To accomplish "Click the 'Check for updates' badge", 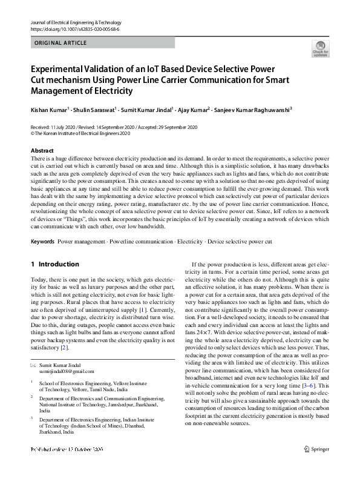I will coord(320,48).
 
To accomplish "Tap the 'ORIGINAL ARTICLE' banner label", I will coord(61,43).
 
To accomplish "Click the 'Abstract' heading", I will coord(42,150).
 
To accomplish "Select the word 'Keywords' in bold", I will coord(43,242).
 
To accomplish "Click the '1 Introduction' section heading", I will coord(54,264).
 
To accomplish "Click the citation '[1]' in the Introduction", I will coord(143,309).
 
